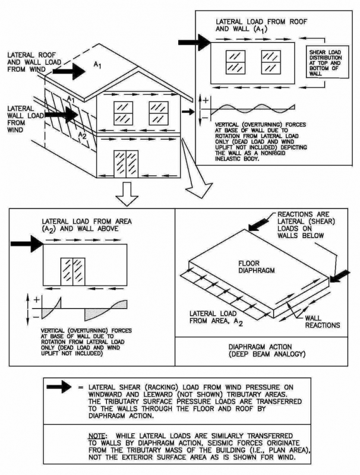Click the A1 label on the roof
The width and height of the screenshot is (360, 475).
[x=98, y=64]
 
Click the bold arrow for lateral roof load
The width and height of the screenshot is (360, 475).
[x=70, y=71]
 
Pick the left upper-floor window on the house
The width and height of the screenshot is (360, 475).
[x=124, y=113]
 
